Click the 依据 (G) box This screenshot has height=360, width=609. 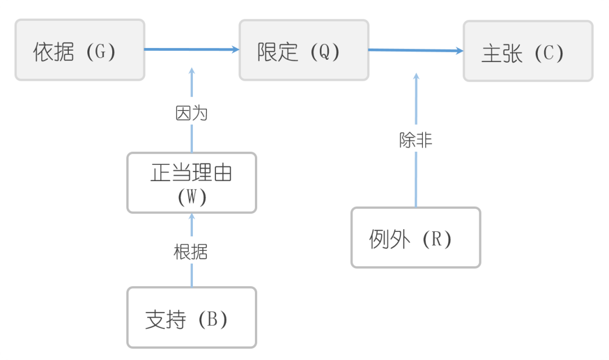pos(80,50)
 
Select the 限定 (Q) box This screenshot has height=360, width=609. pos(304,50)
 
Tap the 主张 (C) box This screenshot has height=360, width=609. pos(528,51)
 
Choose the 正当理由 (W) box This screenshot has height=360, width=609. pos(192,183)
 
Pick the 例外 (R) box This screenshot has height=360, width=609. pos(416,238)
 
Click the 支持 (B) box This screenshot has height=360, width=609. pos(192,318)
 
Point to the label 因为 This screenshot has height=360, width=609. pos(192,113)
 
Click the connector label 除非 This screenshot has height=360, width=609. pos(416,141)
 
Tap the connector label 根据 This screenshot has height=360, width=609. pos(191,252)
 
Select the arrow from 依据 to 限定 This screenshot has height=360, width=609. pos(192,50)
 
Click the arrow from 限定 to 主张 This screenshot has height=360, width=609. pos(416,50)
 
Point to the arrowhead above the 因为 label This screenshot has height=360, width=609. pos(192,71)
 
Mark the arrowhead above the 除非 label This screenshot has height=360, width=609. pos(416,76)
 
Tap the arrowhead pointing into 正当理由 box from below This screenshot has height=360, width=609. pos(192,216)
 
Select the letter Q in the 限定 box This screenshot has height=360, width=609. pos(325,52)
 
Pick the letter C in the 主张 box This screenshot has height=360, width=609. pos(549,53)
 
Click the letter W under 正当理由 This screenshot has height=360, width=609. pos(192,197)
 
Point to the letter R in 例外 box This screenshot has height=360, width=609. pos(437,239)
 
